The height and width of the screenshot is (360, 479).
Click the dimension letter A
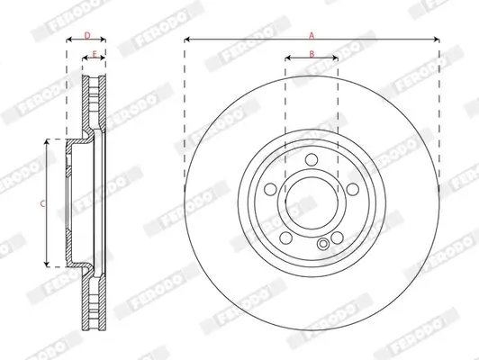click(312, 35)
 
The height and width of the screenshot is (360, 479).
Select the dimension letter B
click(312, 54)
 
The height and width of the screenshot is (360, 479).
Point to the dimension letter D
click(86, 35)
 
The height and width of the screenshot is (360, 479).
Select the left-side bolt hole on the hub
click(271, 191)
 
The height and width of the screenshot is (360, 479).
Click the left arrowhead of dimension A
click(187, 40)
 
